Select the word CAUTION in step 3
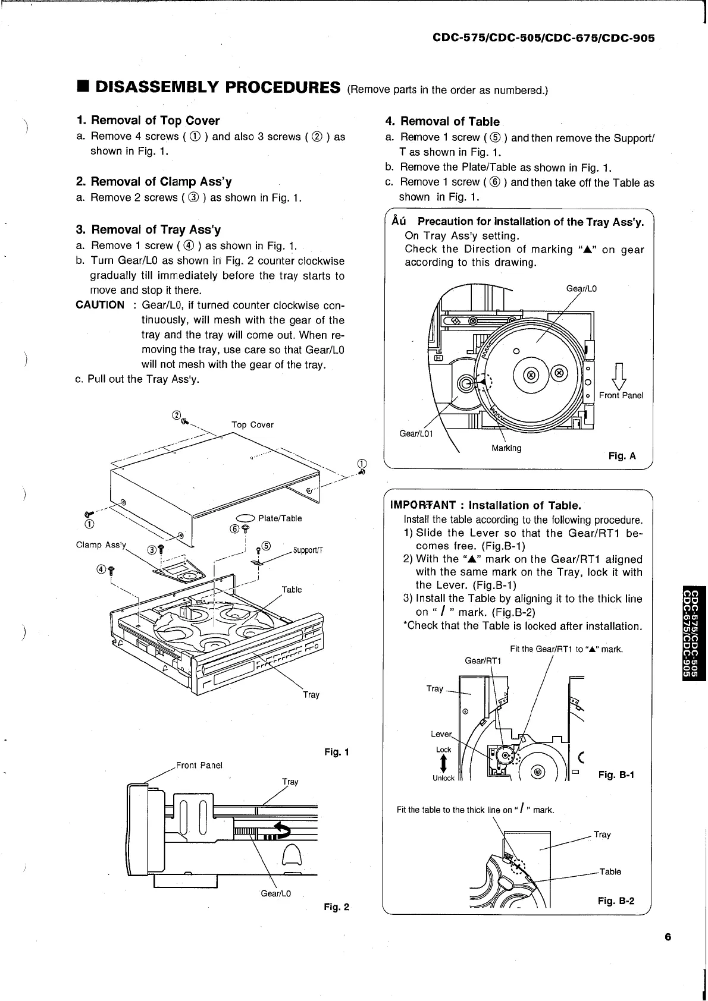tap(100, 305)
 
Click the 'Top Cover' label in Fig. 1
tap(252, 424)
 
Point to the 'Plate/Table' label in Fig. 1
tap(280, 518)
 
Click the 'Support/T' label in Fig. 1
tap(308, 550)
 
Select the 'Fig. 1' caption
tap(336, 752)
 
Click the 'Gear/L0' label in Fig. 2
tap(276, 893)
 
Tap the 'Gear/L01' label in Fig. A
tap(416, 433)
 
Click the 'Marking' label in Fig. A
tap(506, 448)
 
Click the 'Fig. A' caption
tap(622, 456)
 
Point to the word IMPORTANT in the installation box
tap(422, 505)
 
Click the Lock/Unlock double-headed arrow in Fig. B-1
tap(444, 763)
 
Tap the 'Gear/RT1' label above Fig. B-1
tap(483, 661)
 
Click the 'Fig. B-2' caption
tap(616, 901)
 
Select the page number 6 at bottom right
tap(668, 937)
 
